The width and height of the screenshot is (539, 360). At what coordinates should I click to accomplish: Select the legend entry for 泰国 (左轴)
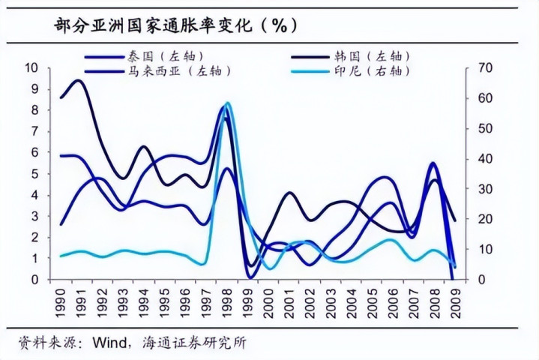coord(161,55)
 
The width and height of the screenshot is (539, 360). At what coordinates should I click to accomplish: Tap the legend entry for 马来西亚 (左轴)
coord(175,71)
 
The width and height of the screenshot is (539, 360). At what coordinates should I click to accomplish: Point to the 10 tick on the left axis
coord(31,67)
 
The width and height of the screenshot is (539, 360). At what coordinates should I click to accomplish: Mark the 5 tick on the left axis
coord(34,173)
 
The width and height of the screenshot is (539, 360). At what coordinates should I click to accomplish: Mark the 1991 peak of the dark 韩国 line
coord(78,80)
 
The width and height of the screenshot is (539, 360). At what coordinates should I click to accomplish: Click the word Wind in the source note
coord(109,343)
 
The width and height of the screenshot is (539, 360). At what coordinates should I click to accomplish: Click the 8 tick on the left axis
coord(34,109)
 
